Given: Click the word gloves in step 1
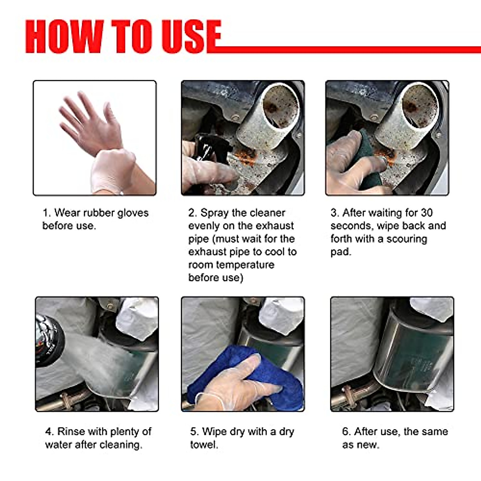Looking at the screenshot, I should [130, 213].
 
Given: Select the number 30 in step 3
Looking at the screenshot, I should [426, 213].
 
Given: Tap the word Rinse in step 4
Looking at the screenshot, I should [71, 432].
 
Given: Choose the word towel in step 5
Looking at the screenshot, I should [204, 445].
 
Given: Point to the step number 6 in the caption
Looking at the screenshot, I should [346, 432].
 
